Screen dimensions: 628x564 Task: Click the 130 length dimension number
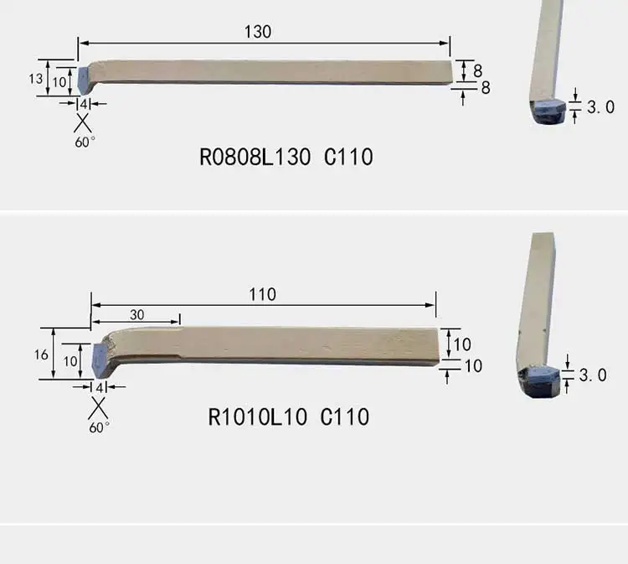coord(258,32)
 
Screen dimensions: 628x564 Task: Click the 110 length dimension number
coord(262,295)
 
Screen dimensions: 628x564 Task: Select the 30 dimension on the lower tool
coord(137,315)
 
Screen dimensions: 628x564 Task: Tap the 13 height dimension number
coord(36,79)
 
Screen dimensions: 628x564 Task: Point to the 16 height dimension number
coord(41,354)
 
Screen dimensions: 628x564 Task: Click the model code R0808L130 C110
coord(286,157)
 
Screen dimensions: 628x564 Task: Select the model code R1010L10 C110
coord(288,417)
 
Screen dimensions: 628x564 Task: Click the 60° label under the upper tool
coord(85,142)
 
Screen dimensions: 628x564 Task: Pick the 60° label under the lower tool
coord(99,427)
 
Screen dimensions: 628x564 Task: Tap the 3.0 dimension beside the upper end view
coord(600,107)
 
